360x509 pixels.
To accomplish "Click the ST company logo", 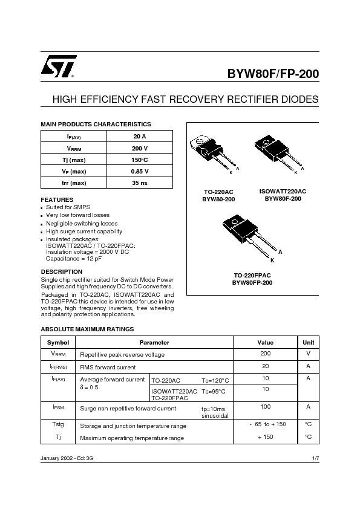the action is (59, 66).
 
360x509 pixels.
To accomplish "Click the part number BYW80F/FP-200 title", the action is (273, 74).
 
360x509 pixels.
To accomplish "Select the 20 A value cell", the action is (140, 137).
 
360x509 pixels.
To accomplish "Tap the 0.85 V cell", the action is (140, 172).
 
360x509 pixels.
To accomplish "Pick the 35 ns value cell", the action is (140, 183).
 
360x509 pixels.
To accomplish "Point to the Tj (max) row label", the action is (74, 160).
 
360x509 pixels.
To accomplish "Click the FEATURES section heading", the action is (57, 199).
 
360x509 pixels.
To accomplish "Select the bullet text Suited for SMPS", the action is (68, 207).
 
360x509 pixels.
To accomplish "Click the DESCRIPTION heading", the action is (61, 271).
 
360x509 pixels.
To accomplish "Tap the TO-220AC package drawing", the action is (214, 154).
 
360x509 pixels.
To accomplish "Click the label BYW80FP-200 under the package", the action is (252, 283).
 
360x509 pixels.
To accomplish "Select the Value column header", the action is (266, 343).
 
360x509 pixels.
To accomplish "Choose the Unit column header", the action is (309, 343).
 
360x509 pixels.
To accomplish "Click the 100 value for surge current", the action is (266, 406).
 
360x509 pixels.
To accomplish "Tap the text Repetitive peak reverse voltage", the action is (122, 355).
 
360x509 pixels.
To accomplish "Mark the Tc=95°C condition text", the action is (214, 392).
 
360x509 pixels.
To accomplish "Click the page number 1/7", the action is (315, 458).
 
